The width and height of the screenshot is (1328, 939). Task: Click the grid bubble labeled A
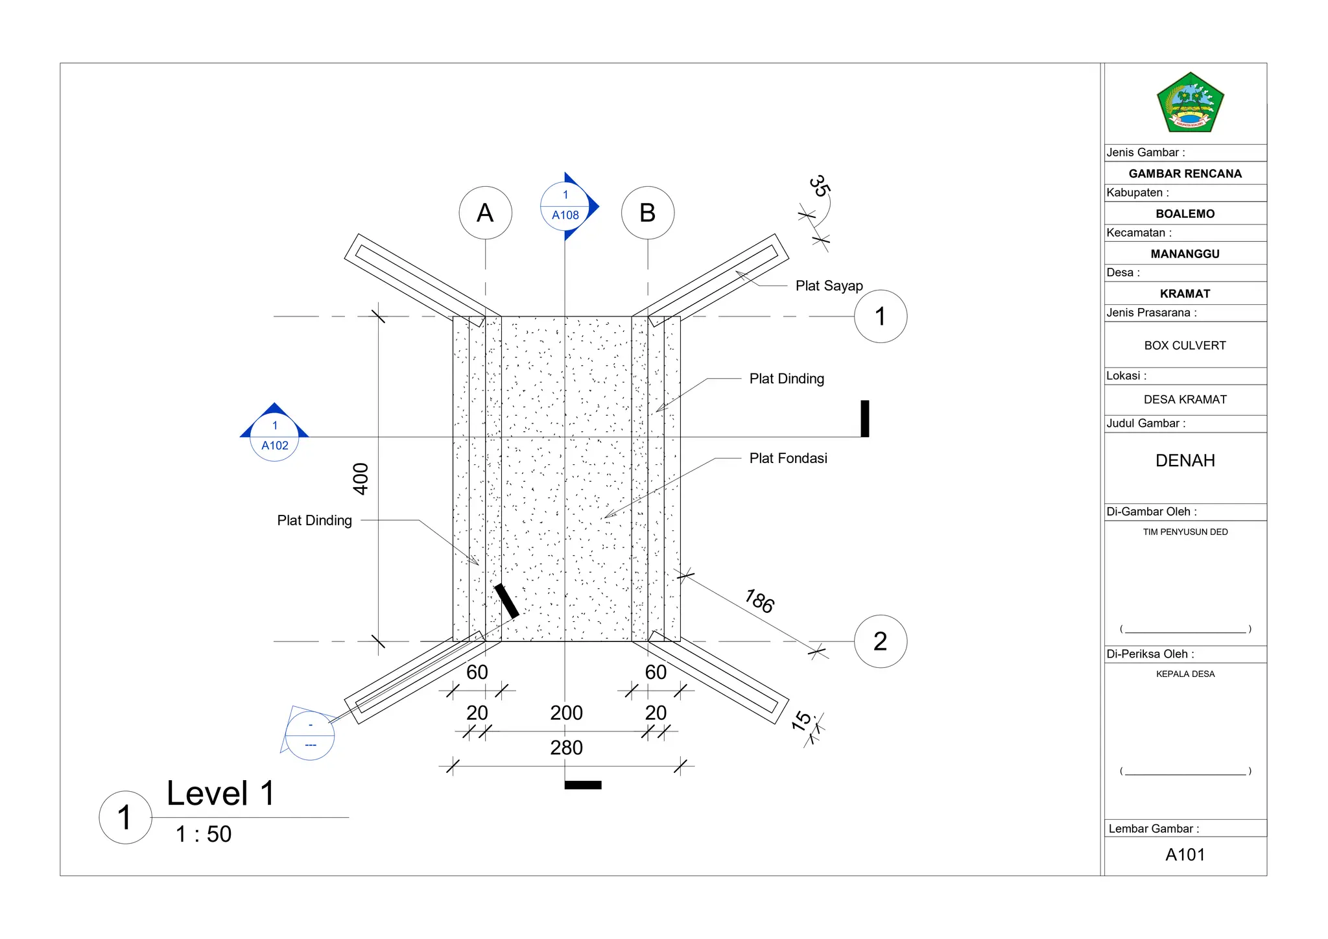pos(485,213)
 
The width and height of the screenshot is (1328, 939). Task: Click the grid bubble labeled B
pos(647,213)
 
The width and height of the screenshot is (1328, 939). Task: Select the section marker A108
pos(565,206)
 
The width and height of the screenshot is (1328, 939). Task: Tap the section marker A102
pos(274,436)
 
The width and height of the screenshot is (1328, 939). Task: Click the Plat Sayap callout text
pos(829,286)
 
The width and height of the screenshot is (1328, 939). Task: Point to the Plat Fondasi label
pos(788,458)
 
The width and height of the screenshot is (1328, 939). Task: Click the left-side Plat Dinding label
pos(314,521)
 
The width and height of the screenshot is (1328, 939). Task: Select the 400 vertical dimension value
pos(361,479)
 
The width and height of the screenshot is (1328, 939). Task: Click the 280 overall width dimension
pos(566,748)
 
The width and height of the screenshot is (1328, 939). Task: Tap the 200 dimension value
pos(566,713)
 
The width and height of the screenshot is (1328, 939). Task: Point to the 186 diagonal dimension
pos(759,601)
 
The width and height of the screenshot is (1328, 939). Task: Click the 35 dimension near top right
pos(820,186)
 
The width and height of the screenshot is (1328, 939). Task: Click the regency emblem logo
pos(1189,103)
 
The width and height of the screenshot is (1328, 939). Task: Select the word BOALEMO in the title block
pos(1185,214)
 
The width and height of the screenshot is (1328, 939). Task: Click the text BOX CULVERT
pos(1185,346)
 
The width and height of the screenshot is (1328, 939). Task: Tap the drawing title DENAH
pos(1185,460)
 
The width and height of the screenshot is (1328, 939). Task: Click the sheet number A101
pos(1185,855)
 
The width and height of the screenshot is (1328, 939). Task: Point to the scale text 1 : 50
pos(204,834)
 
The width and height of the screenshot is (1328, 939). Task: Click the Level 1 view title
pos(220,793)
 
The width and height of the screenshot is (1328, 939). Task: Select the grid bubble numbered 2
pos(880,641)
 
